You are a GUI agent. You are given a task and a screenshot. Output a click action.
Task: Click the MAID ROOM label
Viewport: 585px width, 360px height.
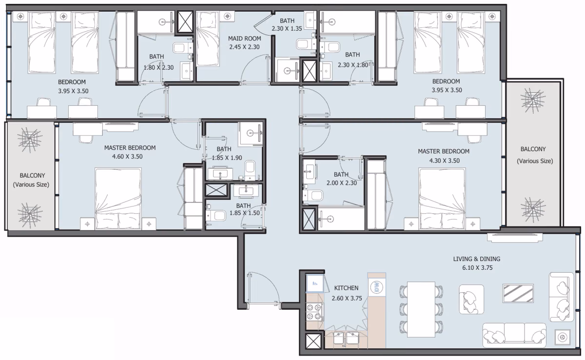(244, 39)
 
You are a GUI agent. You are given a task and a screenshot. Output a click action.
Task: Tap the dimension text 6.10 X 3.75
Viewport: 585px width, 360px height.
(477, 268)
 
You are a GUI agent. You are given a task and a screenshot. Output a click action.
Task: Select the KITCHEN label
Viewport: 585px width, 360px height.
(346, 288)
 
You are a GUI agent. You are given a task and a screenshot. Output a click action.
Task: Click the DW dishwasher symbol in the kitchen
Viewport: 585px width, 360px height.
(376, 287)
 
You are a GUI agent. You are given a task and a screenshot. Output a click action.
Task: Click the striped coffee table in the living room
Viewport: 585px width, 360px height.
(518, 293)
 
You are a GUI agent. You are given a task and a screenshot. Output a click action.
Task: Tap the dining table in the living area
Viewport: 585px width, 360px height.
(421, 309)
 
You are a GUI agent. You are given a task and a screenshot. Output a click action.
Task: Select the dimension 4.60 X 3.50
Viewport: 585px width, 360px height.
(127, 157)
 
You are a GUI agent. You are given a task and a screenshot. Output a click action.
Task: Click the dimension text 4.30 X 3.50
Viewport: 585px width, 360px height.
(445, 160)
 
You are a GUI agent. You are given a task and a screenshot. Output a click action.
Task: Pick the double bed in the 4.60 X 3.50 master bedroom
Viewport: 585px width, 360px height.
(118, 199)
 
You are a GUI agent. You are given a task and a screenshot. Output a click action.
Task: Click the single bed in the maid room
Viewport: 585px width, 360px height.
(208, 39)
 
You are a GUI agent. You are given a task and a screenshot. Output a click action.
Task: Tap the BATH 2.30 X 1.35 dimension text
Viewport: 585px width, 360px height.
(287, 29)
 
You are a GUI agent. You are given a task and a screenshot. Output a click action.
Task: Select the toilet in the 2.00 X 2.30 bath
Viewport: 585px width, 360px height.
(313, 196)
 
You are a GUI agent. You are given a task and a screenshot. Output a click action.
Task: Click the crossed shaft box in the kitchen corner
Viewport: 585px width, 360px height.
(313, 341)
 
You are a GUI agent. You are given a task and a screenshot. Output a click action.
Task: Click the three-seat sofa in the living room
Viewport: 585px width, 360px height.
(514, 336)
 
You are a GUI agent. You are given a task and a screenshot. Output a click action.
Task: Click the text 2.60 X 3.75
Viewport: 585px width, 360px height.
(347, 299)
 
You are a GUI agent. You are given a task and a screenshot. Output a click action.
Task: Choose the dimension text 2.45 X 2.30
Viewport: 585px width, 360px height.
(244, 47)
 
